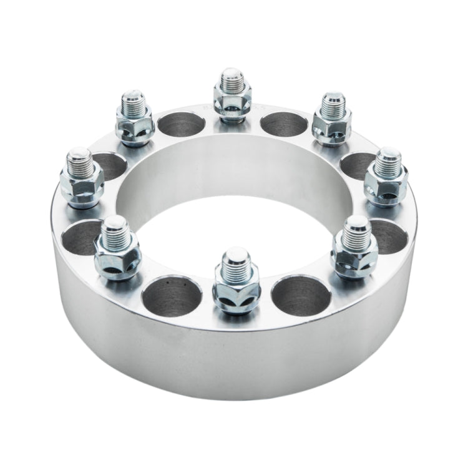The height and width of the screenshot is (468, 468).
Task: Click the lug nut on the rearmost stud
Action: click(x=232, y=99)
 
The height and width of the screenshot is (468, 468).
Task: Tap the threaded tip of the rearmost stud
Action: click(x=232, y=78)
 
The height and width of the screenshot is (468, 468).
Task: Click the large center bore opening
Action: click(x=234, y=187)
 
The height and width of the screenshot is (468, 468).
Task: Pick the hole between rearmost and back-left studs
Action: click(x=181, y=124)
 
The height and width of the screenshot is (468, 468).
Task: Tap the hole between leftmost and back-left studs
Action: click(x=110, y=165)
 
